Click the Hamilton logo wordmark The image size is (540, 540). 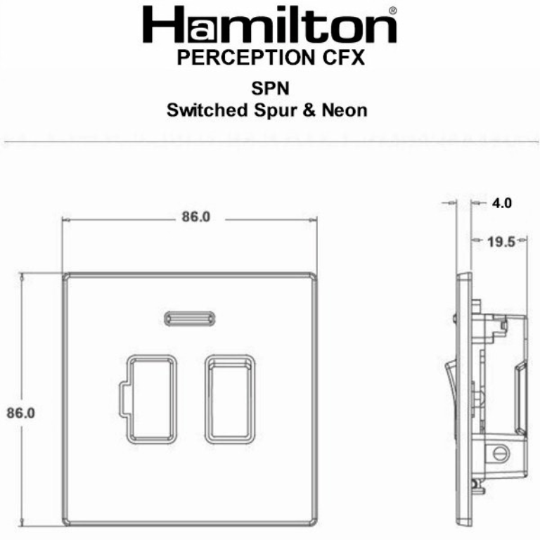click(269, 27)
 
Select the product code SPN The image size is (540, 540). click(271, 89)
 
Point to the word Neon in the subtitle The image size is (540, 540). click(344, 110)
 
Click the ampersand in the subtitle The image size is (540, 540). click(307, 110)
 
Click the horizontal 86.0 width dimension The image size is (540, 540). click(195, 217)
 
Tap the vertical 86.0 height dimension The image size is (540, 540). click(20, 413)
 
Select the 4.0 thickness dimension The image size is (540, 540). click(501, 204)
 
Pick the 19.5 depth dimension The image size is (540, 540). click(501, 242)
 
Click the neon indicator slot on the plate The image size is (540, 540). click(189, 319)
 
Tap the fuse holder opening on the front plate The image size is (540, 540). click(150, 399)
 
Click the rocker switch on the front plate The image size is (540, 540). click(230, 399)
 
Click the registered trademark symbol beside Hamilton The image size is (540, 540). click(392, 11)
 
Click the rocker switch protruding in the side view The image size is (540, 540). click(451, 383)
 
